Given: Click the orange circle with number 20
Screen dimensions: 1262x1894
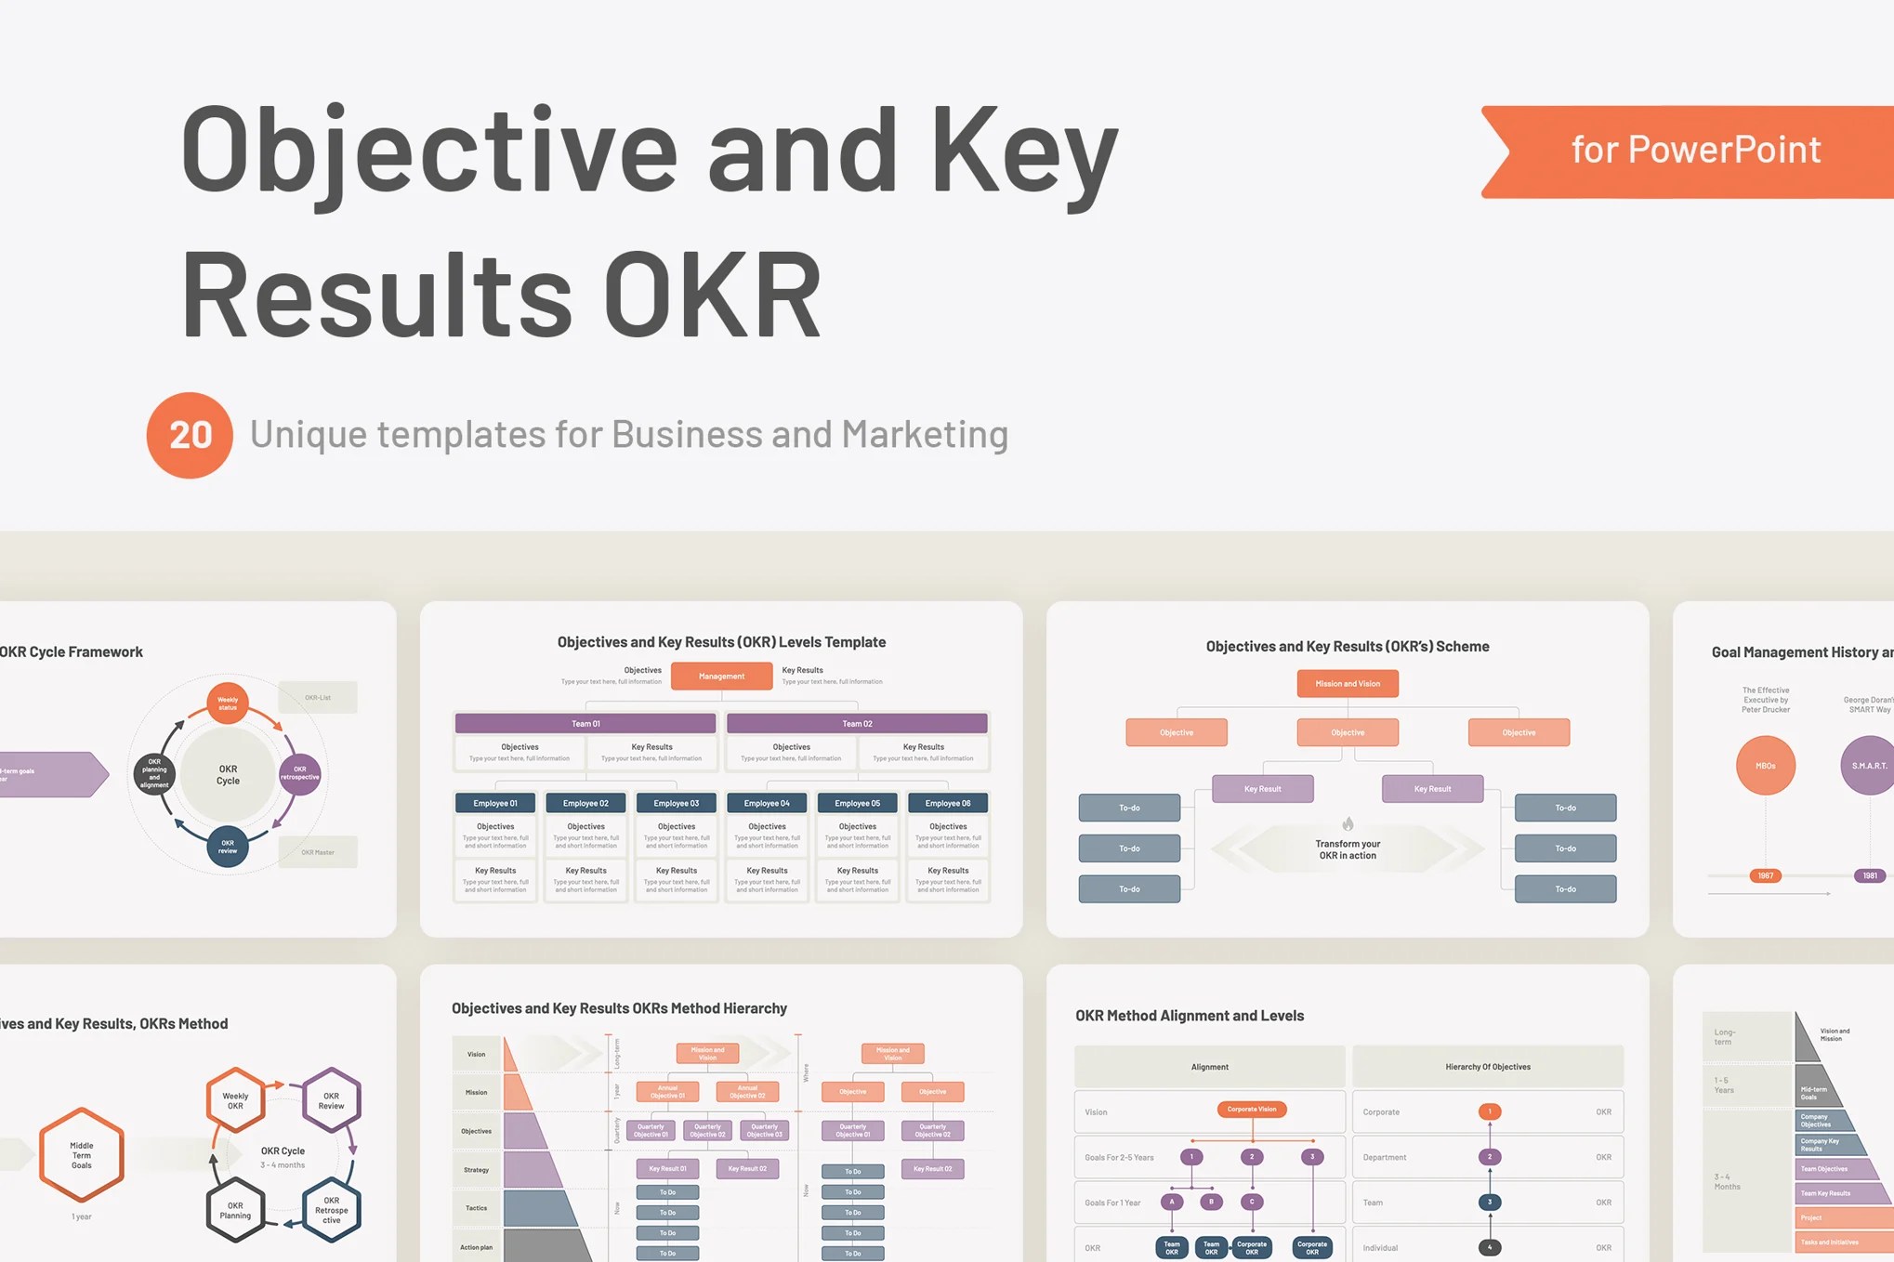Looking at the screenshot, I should tap(190, 435).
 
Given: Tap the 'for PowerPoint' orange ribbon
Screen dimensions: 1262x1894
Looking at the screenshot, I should tap(1694, 151).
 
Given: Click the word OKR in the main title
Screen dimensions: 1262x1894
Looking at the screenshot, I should tap(713, 296).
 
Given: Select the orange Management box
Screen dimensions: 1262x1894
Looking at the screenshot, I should tap(721, 676).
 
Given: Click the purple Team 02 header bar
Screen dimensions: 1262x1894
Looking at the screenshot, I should tap(856, 723).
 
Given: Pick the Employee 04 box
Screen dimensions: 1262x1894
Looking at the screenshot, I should tap(767, 803).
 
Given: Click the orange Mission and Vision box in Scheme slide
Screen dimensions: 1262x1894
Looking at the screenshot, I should tap(1347, 683).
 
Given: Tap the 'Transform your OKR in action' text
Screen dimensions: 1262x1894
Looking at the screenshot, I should tap(1348, 849).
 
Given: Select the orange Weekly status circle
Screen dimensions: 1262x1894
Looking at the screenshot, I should tap(228, 703).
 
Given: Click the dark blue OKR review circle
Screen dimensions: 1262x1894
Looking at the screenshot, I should tap(228, 847).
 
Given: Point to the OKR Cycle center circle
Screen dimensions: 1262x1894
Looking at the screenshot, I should tap(228, 775).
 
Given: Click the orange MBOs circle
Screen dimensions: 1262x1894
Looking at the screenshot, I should tap(1765, 766).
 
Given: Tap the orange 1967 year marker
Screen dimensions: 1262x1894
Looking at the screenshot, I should tap(1765, 875).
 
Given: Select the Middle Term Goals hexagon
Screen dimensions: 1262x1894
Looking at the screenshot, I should tap(82, 1155).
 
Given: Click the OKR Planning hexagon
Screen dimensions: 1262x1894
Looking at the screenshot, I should tap(235, 1210).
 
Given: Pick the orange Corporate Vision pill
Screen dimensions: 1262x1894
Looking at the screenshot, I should tap(1251, 1109).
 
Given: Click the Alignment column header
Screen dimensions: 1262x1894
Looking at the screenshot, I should tap(1209, 1067).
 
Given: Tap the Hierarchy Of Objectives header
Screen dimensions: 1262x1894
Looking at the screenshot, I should tap(1487, 1067).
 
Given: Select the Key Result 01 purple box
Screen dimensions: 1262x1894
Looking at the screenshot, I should tap(667, 1168).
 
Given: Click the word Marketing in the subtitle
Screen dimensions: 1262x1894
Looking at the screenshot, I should tap(925, 435).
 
